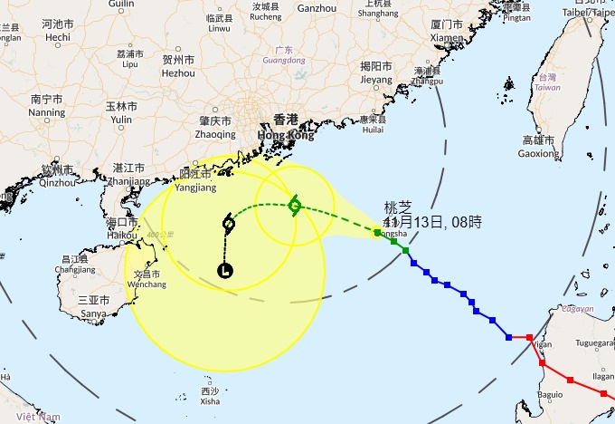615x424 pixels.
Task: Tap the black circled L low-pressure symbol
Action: coord(224,269)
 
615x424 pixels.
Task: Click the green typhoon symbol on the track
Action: coord(295,205)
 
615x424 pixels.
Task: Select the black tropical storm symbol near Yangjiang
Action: coord(228,223)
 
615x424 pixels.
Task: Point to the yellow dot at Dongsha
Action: coord(377,233)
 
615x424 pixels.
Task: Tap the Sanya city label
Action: coord(94,307)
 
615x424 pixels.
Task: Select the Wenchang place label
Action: coord(147,279)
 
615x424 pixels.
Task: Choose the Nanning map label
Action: coord(46,106)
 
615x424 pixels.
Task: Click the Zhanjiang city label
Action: coord(128,174)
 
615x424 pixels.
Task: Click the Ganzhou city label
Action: coord(317,8)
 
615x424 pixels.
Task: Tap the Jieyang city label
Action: coord(375,72)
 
